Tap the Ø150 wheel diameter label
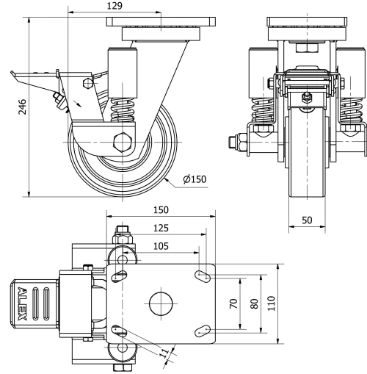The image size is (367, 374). pos(192,179)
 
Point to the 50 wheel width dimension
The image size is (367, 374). pos(307,220)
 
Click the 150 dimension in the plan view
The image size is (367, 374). pos(161,209)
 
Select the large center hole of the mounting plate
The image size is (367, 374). pos(161,302)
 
